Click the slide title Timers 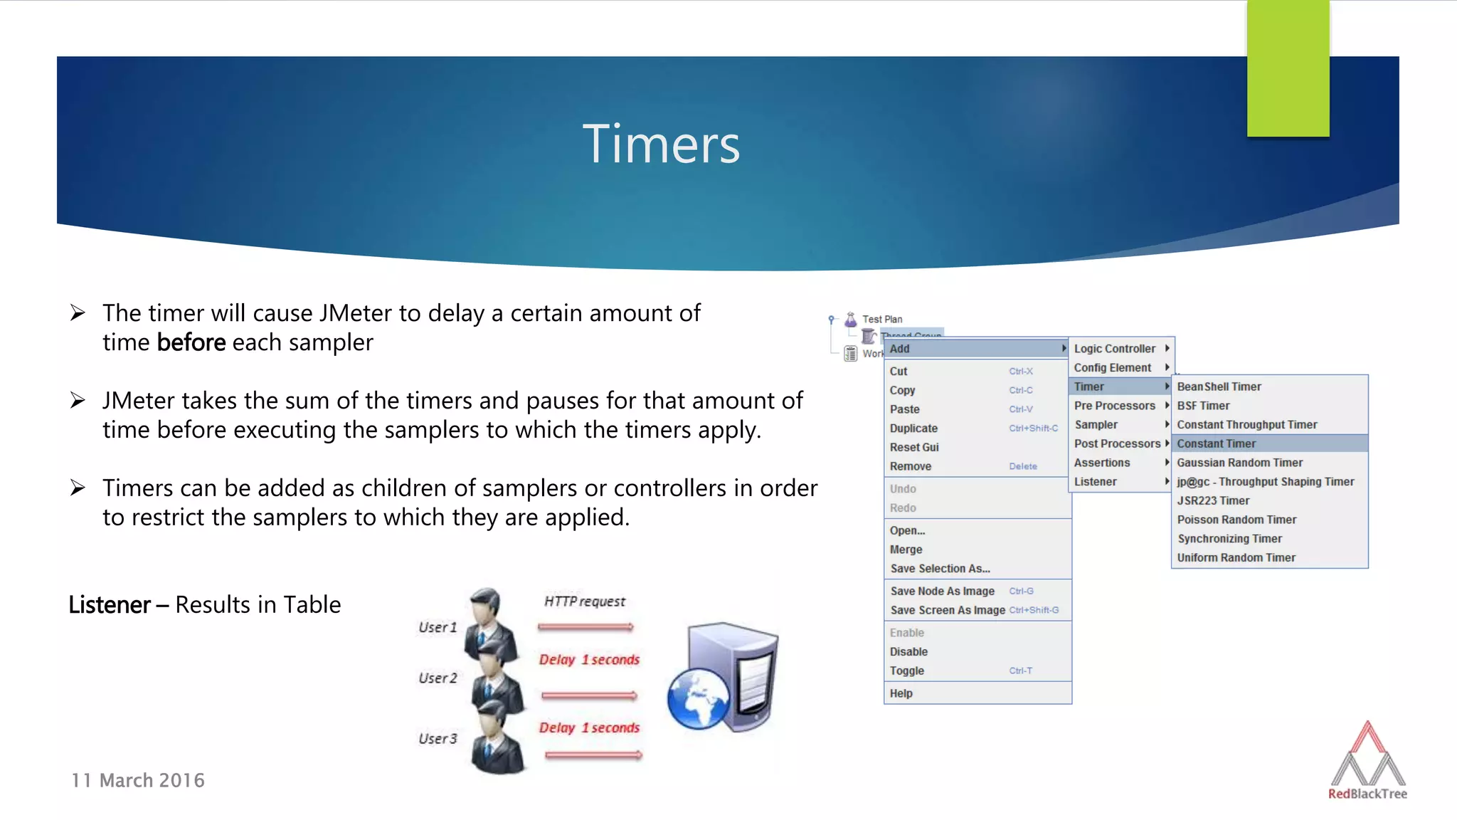(x=661, y=144)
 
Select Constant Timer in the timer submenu (x=1216, y=443)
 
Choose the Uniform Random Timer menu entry (x=1236, y=558)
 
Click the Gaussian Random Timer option (x=1239, y=463)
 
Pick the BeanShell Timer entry (x=1219, y=387)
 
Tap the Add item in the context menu (x=900, y=349)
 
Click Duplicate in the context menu (x=913, y=429)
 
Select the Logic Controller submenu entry (x=1115, y=349)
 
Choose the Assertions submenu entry (x=1102, y=463)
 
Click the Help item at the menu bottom (x=901, y=693)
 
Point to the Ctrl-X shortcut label (x=1021, y=372)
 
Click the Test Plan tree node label (x=882, y=320)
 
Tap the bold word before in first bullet (x=191, y=342)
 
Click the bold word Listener (x=110, y=604)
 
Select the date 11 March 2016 (x=138, y=780)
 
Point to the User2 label (x=438, y=678)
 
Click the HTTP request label (x=585, y=601)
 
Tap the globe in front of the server (x=698, y=698)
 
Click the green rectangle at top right (x=1288, y=68)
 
